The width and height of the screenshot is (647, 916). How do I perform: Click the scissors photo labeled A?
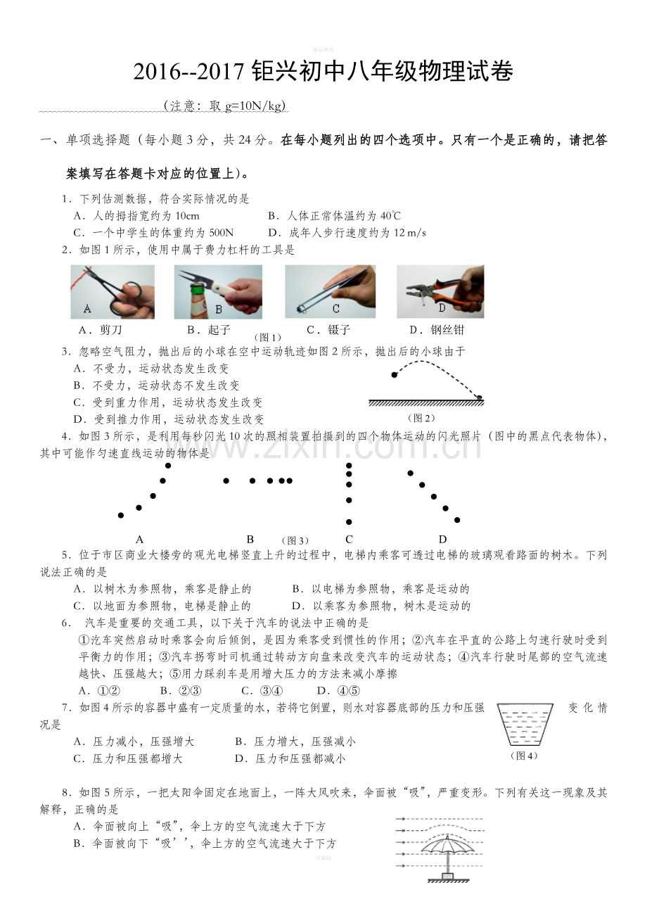(x=113, y=291)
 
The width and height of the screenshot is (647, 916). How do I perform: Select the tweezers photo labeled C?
(x=331, y=291)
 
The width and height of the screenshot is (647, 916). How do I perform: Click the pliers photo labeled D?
(x=440, y=291)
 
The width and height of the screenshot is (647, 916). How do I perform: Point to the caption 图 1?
(x=268, y=338)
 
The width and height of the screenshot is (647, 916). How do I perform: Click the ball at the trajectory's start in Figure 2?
(x=394, y=374)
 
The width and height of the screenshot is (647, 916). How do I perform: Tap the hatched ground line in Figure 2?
(x=426, y=403)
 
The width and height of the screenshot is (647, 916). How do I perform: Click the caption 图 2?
(x=421, y=418)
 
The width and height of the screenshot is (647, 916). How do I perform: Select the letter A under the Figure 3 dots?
(x=139, y=539)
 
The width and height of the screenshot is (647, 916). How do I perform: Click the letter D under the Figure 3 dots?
(x=442, y=539)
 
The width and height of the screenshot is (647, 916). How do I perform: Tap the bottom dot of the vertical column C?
(x=349, y=522)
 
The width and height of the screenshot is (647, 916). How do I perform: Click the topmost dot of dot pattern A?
(x=167, y=465)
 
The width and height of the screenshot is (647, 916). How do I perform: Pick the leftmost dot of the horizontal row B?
(x=226, y=481)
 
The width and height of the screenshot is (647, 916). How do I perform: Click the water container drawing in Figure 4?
(x=525, y=725)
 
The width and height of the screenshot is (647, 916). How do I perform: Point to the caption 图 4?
(x=525, y=756)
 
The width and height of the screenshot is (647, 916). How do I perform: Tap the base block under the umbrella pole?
(x=448, y=876)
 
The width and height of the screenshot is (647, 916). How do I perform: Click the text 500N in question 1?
(x=221, y=233)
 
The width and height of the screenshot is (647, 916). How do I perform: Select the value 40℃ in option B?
(x=390, y=215)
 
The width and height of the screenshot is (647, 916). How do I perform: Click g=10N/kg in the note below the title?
(x=253, y=106)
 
